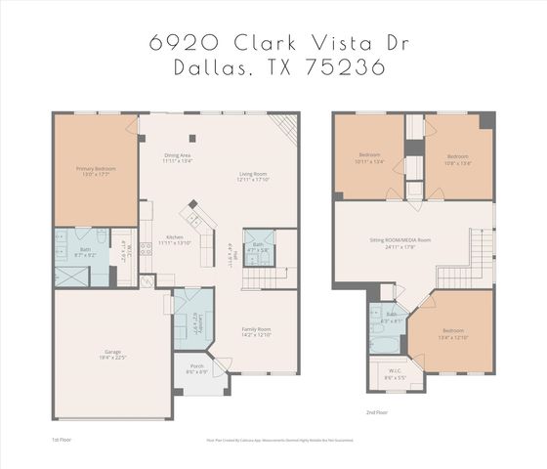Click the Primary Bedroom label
click(x=97, y=172)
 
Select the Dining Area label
click(x=177, y=157)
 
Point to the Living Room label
click(x=254, y=177)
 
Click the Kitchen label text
click(x=175, y=238)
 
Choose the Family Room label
click(x=256, y=332)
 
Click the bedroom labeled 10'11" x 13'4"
click(x=369, y=157)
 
